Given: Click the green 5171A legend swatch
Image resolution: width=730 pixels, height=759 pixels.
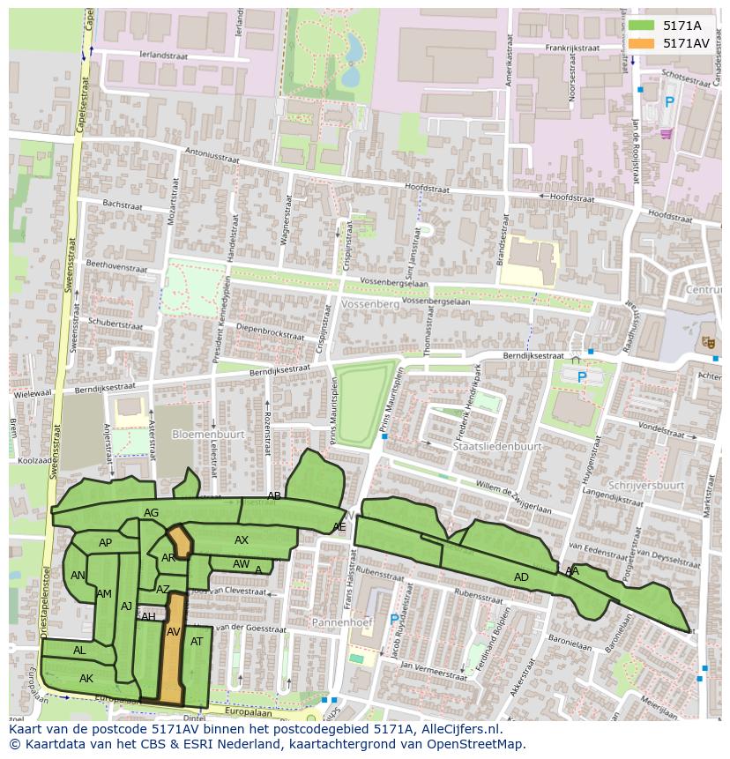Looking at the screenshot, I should pyautogui.click(x=642, y=26).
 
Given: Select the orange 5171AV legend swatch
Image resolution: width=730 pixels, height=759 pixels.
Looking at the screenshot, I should pyautogui.click(x=642, y=43).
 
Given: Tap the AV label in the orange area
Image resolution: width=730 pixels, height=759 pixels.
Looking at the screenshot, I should pyautogui.click(x=174, y=632).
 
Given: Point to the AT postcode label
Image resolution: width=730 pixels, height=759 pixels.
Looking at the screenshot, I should pyautogui.click(x=197, y=642).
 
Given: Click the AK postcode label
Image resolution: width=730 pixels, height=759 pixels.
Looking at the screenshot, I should pyautogui.click(x=86, y=679).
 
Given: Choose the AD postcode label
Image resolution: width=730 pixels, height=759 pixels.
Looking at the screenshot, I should pyautogui.click(x=521, y=577).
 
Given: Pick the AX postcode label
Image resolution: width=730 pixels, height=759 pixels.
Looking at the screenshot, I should pyautogui.click(x=242, y=540).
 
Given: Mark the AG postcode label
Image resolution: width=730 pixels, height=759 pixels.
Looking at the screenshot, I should pyautogui.click(x=151, y=513).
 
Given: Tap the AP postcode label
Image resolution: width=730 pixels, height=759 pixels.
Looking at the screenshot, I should pyautogui.click(x=106, y=543).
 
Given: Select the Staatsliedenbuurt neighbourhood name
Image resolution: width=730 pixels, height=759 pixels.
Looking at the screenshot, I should pyautogui.click(x=496, y=447).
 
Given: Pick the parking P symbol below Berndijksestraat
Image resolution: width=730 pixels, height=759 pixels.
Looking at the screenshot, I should pyautogui.click(x=581, y=377).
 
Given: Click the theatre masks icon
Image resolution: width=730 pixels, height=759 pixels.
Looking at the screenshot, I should pyautogui.click(x=707, y=341).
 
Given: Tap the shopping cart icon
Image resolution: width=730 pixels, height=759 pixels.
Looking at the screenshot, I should pyautogui.click(x=666, y=133).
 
